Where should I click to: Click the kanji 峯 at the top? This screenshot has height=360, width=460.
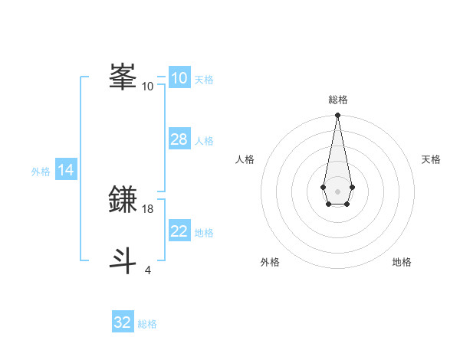[123, 77]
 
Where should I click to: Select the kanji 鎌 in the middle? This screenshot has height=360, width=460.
[123, 201]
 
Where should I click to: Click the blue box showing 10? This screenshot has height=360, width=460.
[179, 78]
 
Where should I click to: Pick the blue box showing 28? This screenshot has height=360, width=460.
[179, 139]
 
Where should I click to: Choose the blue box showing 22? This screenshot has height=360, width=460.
[179, 231]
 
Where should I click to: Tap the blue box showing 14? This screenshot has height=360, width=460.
[66, 170]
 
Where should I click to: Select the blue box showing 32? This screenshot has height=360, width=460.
[123, 322]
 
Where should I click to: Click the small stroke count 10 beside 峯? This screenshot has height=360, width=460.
[148, 87]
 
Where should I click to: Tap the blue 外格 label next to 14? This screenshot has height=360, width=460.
[41, 172]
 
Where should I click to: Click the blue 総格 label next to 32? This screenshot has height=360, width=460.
[147, 324]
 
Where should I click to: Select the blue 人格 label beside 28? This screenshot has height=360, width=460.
[204, 141]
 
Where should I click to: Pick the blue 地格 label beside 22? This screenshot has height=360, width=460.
[204, 233]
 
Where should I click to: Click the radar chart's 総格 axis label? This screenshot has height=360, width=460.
[337, 100]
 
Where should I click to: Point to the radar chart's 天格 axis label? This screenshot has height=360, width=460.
[431, 159]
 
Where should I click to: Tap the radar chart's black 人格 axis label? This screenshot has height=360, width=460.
[245, 159]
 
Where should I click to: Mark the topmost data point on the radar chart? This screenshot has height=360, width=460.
[337, 115]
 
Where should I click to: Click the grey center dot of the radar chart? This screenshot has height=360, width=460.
[337, 190]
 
